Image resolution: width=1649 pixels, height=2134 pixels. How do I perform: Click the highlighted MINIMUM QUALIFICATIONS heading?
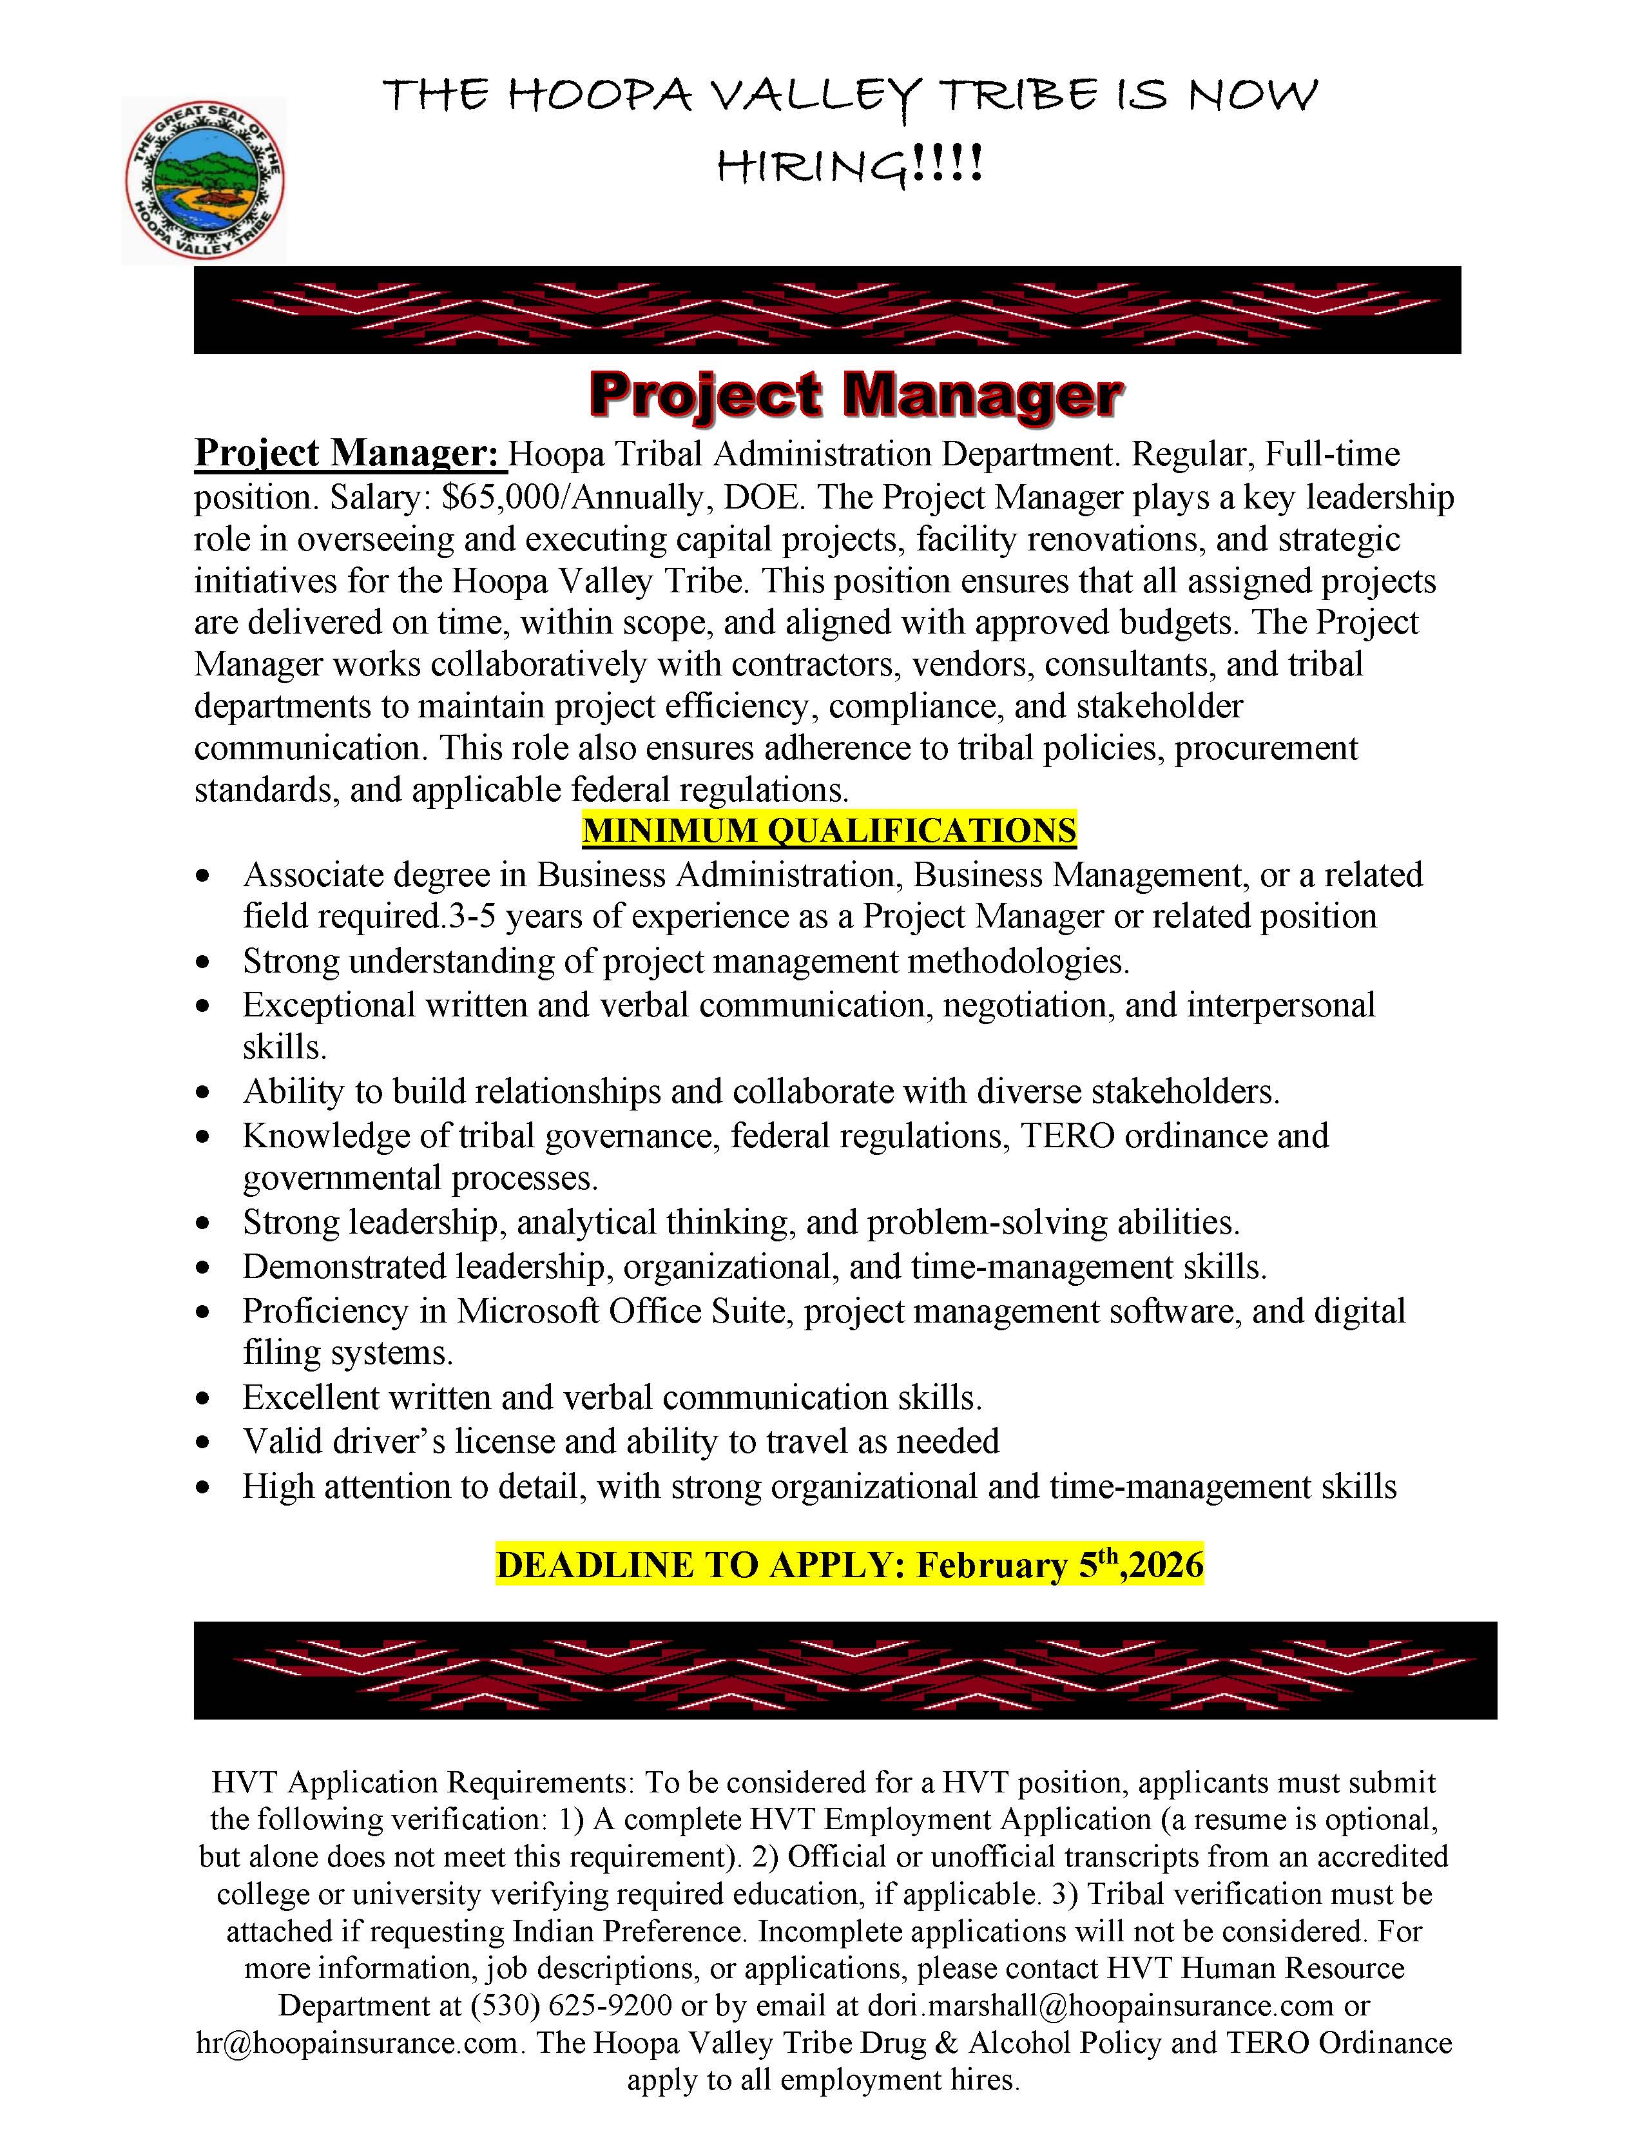(x=829, y=831)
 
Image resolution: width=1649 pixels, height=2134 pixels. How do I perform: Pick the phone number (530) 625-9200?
(x=572, y=2005)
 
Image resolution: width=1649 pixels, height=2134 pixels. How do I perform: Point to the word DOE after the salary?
(x=764, y=498)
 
